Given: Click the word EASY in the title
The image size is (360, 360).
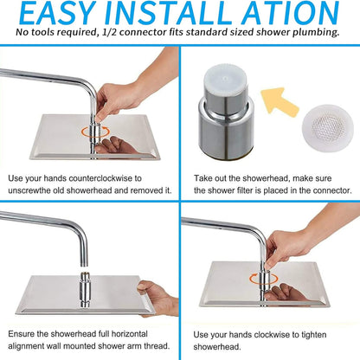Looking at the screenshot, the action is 58,13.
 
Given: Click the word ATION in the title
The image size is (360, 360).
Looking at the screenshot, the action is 291,13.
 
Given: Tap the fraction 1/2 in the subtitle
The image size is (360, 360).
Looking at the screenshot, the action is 109,32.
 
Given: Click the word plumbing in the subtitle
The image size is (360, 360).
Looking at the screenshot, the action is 316,33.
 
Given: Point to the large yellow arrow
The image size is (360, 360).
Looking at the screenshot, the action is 279,102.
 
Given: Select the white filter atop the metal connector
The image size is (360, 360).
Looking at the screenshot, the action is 225,79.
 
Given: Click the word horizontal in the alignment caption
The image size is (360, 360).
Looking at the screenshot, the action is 129,334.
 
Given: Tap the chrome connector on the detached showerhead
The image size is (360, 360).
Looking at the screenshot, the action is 84,289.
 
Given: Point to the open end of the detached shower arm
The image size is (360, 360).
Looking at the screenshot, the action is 83,265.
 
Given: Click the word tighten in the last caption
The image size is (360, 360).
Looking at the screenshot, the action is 314,335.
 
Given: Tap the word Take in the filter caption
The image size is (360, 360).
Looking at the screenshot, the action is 202,178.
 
